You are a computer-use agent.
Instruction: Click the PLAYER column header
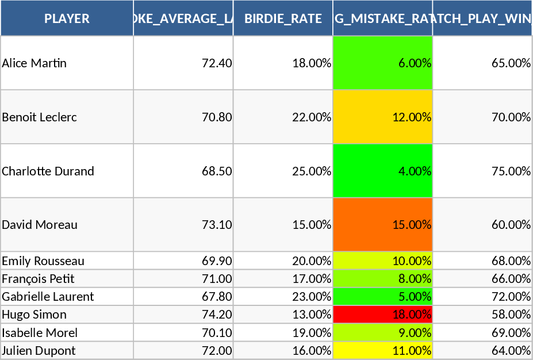[67, 18]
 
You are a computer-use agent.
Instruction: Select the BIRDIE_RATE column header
[283, 18]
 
